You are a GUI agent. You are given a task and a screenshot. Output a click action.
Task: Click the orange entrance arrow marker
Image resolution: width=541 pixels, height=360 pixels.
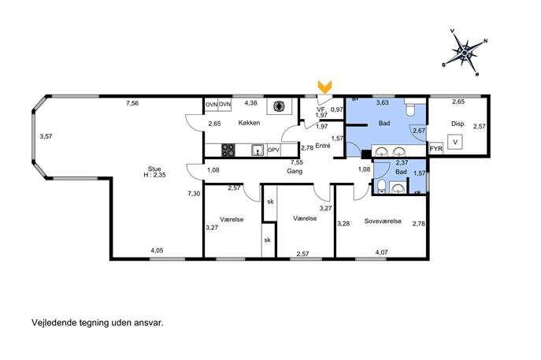(324, 87)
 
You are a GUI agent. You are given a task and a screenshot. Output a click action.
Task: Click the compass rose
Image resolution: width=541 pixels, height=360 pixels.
(465, 53)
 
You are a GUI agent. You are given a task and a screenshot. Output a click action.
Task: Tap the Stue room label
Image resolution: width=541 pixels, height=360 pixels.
(154, 169)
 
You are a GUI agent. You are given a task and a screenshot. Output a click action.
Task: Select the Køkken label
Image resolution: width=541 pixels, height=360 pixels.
(249, 123)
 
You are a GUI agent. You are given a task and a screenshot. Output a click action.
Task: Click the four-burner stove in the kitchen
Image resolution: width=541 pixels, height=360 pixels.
(228, 150)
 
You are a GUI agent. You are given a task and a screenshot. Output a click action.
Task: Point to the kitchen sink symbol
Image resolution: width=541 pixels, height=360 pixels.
(258, 150)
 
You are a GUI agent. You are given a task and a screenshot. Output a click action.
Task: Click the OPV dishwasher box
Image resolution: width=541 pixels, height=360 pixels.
(273, 150)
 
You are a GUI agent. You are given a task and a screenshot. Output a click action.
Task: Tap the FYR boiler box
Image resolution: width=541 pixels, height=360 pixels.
(435, 149)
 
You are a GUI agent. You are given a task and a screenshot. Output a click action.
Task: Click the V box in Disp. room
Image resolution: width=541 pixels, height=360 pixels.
(455, 142)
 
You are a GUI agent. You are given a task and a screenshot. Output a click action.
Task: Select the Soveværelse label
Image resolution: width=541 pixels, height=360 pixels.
(383, 221)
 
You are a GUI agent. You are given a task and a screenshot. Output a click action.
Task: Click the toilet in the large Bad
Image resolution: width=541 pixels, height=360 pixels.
(410, 109)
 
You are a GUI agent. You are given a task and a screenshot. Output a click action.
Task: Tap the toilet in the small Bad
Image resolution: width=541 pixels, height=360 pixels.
(382, 187)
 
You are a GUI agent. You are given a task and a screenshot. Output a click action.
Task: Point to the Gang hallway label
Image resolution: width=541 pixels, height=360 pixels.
(295, 171)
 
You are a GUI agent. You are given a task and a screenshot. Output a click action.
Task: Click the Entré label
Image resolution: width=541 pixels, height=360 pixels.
(323, 146)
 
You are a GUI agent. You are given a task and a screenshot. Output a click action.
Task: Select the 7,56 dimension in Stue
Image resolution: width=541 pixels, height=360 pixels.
(132, 103)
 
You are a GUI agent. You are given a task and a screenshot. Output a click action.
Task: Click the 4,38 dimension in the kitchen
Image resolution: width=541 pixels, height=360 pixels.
(251, 102)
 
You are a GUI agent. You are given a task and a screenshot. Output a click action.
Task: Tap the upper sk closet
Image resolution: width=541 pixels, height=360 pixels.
(270, 202)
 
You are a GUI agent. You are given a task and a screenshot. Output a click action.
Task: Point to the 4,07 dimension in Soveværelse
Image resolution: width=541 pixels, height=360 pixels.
(381, 252)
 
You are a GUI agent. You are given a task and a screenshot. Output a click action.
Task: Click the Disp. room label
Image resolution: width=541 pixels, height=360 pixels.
(458, 124)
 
